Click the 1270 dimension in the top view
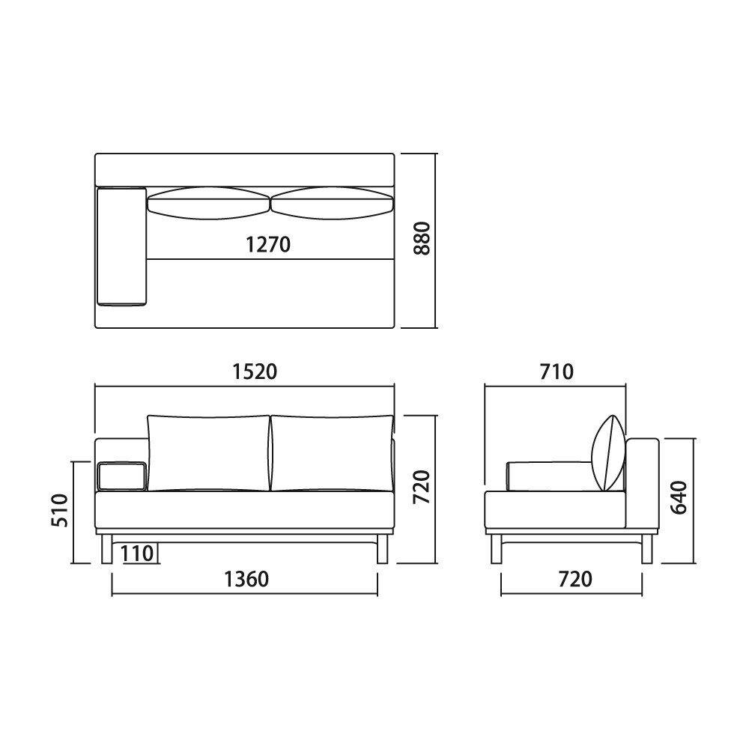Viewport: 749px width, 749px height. click(x=268, y=245)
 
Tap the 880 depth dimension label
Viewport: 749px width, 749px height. click(x=422, y=238)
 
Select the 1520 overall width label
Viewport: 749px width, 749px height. click(x=255, y=372)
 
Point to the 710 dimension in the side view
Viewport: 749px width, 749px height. click(x=557, y=372)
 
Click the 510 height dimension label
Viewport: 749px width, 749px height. click(x=60, y=511)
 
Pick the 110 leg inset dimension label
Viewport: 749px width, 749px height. click(x=137, y=554)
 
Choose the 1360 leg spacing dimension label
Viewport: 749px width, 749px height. click(x=246, y=579)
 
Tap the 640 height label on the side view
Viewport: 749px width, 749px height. click(x=679, y=497)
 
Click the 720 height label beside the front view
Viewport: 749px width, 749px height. click(x=422, y=487)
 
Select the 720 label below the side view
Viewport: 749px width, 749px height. click(x=575, y=579)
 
